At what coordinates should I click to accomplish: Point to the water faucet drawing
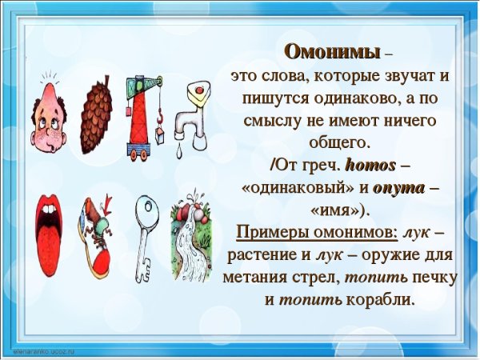pos(192,112)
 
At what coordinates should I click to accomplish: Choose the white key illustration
pos(146,232)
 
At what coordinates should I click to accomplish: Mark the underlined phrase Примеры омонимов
pos(317,233)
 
